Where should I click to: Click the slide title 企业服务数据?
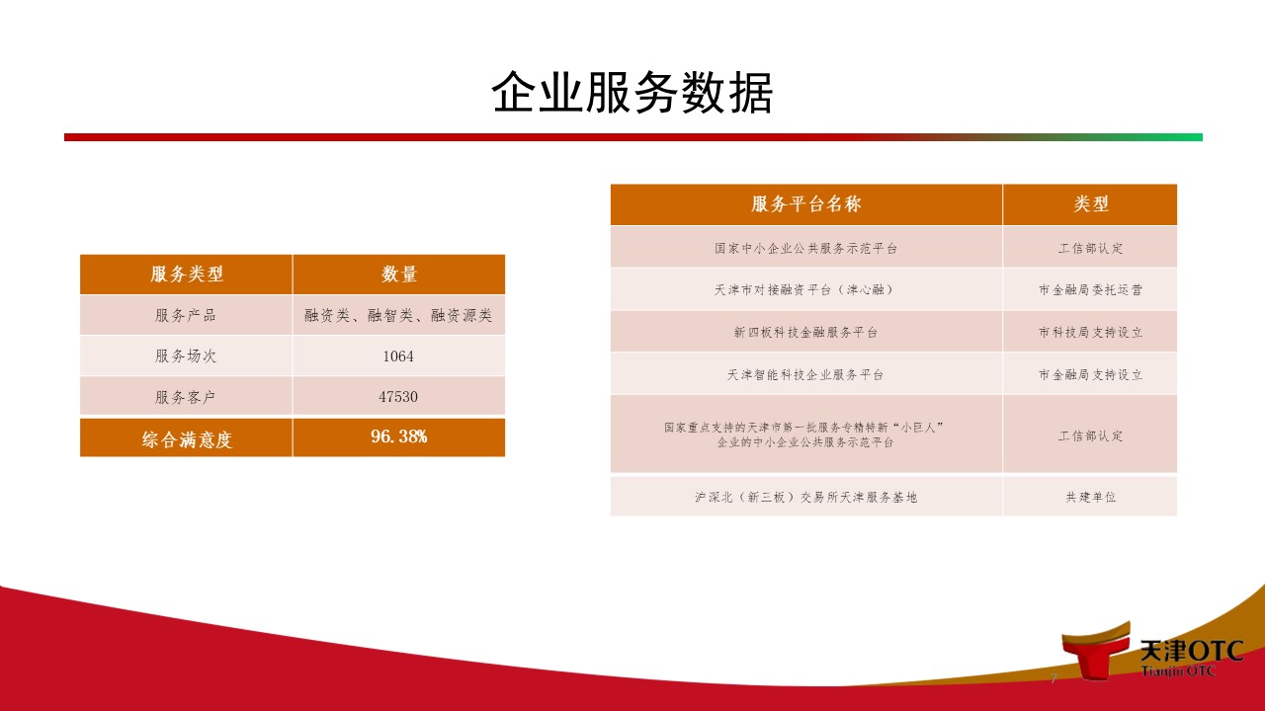[632, 93]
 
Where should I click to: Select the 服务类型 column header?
[187, 275]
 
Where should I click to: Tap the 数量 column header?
[398, 275]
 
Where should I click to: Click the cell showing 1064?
[398, 356]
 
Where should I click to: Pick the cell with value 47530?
[398, 397]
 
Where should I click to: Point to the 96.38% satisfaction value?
[398, 436]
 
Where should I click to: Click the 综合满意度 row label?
[187, 439]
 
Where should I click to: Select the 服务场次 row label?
[186, 356]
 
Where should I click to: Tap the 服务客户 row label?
[186, 397]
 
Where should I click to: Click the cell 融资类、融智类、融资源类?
[398, 315]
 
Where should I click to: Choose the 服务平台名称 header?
[805, 203]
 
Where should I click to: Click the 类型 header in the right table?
[1091, 203]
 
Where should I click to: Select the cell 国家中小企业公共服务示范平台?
[805, 248]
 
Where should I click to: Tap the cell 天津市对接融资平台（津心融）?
[805, 290]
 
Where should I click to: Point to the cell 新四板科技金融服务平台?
[805, 333]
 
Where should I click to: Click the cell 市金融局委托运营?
[1090, 290]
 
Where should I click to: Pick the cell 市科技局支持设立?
[1090, 333]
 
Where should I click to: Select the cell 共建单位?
[1090, 497]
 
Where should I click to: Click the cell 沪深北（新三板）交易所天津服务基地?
[805, 497]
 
